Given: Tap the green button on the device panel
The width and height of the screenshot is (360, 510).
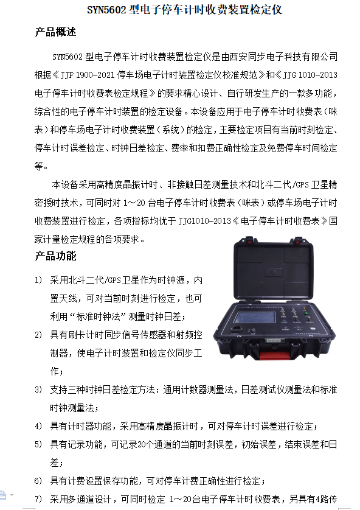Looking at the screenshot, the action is click(x=306, y=314).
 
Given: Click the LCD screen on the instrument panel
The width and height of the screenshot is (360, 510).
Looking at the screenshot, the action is click(x=255, y=317).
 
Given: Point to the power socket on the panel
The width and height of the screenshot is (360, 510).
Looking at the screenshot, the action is click(x=237, y=329).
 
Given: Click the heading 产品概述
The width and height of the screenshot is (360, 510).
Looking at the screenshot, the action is click(x=55, y=32).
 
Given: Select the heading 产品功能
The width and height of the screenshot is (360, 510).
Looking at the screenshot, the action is click(x=55, y=256).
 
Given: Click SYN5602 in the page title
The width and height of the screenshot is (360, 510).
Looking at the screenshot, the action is click(x=106, y=10).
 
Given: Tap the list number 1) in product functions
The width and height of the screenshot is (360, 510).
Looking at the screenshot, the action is click(x=38, y=280).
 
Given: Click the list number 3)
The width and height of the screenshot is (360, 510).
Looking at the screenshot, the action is click(x=38, y=389).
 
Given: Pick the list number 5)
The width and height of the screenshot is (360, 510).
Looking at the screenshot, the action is click(x=38, y=444).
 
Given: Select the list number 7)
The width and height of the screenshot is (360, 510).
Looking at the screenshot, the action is click(x=38, y=498).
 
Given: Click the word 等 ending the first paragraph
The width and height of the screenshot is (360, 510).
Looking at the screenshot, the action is click(x=39, y=166).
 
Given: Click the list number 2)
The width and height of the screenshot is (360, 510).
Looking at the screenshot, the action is click(x=38, y=335).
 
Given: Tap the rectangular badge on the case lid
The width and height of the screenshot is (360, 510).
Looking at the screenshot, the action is click(x=273, y=272).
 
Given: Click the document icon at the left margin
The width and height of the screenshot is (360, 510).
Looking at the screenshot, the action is click(x=2, y=495).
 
